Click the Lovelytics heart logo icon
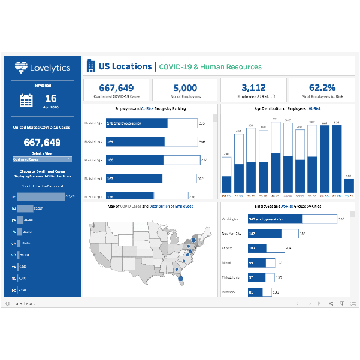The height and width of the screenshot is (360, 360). coord(22,67)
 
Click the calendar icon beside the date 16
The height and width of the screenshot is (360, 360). coord(26,100)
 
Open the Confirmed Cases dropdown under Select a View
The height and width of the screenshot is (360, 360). coord(42,159)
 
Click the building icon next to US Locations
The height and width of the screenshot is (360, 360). coord(91,66)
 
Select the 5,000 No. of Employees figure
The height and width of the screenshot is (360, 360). coord(185,88)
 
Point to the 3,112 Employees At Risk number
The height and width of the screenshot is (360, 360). coord(253,88)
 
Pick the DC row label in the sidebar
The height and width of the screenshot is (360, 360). coord(13,289)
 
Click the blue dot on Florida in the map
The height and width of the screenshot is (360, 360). coord(178,277)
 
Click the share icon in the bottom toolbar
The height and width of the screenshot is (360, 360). coord(331,304)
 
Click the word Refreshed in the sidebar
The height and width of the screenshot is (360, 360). coord(42,86)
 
